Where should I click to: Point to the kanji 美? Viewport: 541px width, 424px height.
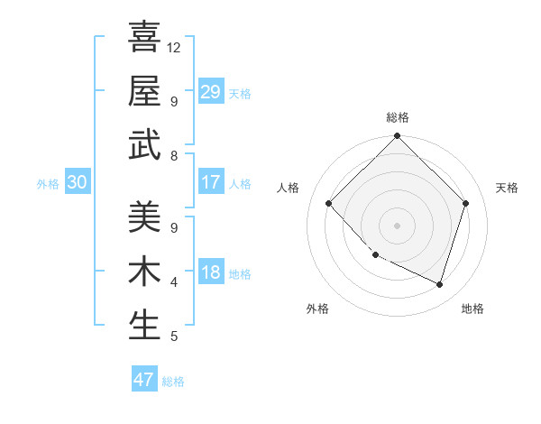click(x=144, y=217)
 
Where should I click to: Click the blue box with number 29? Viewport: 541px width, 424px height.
click(x=210, y=92)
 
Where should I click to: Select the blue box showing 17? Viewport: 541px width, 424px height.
click(x=210, y=182)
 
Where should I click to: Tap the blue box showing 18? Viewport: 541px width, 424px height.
click(x=210, y=272)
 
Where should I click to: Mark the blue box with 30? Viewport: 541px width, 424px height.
click(x=78, y=182)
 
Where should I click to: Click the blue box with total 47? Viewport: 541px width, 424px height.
click(x=144, y=380)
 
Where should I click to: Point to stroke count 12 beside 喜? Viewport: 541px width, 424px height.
click(x=175, y=47)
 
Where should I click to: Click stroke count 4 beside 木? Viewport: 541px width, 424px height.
click(x=174, y=282)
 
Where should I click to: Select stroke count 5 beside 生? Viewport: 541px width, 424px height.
click(x=174, y=336)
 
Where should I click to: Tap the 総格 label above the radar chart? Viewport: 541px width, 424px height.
click(x=397, y=117)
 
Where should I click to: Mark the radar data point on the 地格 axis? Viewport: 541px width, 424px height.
click(x=439, y=284)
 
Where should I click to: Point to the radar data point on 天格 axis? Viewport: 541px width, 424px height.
click(x=465, y=203)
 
